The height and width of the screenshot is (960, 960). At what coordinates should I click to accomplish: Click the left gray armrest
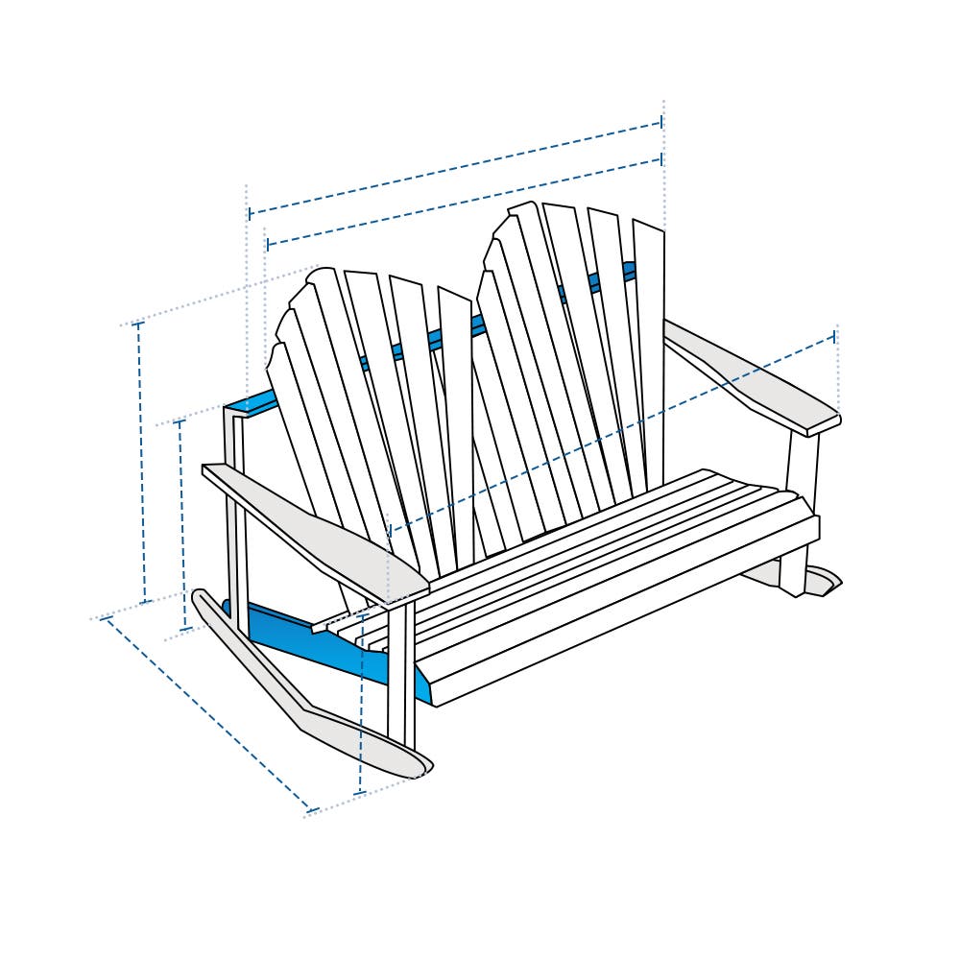pyautogui.click(x=317, y=528)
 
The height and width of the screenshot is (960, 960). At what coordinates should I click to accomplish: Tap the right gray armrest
pyautogui.click(x=758, y=384)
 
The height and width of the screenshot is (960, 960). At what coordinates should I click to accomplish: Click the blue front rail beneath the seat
pyautogui.click(x=317, y=638)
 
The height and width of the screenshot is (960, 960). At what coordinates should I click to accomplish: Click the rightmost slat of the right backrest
pyautogui.click(x=651, y=355)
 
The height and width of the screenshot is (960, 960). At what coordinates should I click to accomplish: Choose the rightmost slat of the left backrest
pyautogui.click(x=457, y=422)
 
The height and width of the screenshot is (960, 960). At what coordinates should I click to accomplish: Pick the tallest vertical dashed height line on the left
pyautogui.click(x=141, y=461)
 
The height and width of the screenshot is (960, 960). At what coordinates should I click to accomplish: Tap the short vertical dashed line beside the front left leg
pyautogui.click(x=361, y=720)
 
